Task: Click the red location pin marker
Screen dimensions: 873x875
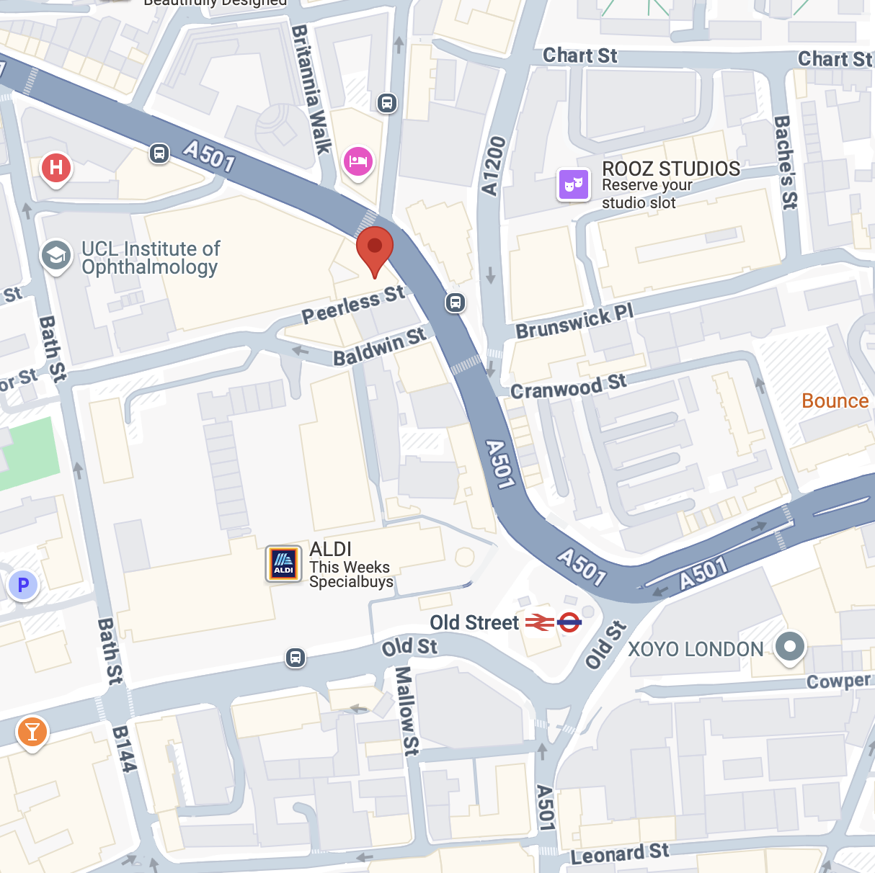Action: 375,249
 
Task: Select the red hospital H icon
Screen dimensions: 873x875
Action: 55,168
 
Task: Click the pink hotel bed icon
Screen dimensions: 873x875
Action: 358,161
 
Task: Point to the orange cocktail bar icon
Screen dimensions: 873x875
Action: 32,732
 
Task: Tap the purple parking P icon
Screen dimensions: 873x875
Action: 23,585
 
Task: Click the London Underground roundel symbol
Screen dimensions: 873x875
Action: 569,622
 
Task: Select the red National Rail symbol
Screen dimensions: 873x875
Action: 539,622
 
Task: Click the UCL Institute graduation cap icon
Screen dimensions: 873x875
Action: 56,255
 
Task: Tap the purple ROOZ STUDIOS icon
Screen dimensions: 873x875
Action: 574,184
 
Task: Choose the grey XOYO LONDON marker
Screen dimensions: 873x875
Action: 790,646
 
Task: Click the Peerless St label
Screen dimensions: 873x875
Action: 353,304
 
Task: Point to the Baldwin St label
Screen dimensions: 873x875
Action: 379,346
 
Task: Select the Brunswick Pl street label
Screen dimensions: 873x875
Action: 574,321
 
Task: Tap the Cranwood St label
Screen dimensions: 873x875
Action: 569,386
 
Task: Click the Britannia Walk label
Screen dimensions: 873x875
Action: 311,89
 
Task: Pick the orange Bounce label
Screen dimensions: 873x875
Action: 835,401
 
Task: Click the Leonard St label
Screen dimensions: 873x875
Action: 620,854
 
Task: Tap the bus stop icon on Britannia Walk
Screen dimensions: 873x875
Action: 387,103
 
